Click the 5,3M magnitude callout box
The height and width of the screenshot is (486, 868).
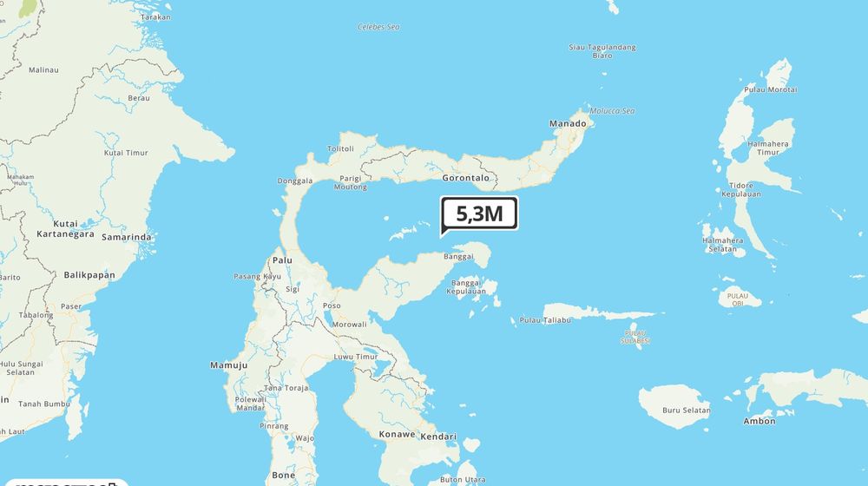click(x=480, y=213)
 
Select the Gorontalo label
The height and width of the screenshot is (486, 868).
click(x=466, y=178)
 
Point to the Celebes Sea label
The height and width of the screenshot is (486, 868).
click(x=378, y=27)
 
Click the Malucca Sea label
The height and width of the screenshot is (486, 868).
click(x=612, y=111)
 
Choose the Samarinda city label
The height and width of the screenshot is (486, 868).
click(x=127, y=237)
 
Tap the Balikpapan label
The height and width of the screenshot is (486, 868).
click(x=89, y=275)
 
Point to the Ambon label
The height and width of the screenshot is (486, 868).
click(x=759, y=421)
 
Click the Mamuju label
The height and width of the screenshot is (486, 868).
click(x=229, y=365)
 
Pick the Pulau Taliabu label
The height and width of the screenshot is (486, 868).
click(x=546, y=320)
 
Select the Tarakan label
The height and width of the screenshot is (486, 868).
click(x=155, y=16)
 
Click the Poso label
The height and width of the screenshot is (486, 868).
click(x=332, y=306)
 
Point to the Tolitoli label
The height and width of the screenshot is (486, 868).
click(x=341, y=148)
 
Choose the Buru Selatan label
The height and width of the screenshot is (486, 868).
click(x=687, y=410)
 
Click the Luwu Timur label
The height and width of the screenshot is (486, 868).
click(x=356, y=357)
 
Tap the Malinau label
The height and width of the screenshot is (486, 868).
click(x=43, y=69)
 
